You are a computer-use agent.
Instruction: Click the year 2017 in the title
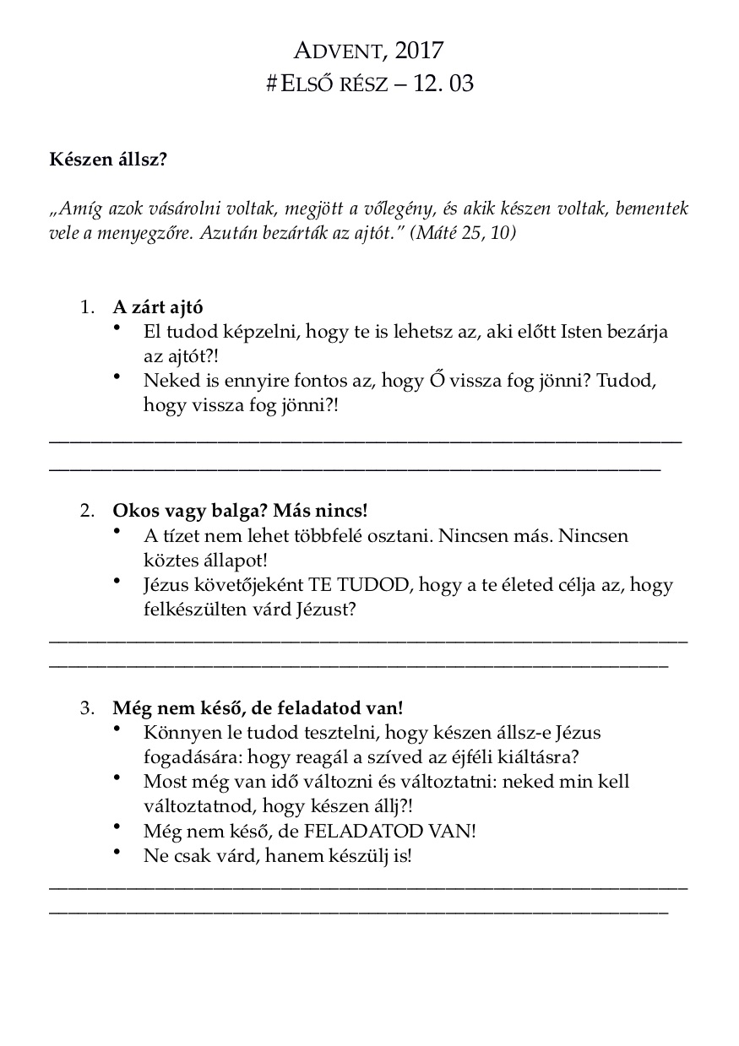(x=419, y=51)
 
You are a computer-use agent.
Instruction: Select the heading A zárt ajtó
(x=158, y=307)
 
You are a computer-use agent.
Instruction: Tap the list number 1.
(x=87, y=307)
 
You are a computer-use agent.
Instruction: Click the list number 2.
(x=87, y=511)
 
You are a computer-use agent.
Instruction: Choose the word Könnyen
(x=175, y=732)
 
